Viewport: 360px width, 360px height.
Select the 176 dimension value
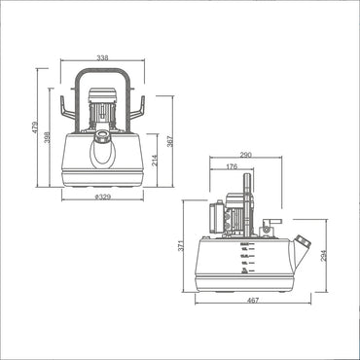pos(231,167)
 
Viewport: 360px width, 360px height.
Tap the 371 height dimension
pos(180,250)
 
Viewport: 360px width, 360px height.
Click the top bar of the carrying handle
pos(106,74)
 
